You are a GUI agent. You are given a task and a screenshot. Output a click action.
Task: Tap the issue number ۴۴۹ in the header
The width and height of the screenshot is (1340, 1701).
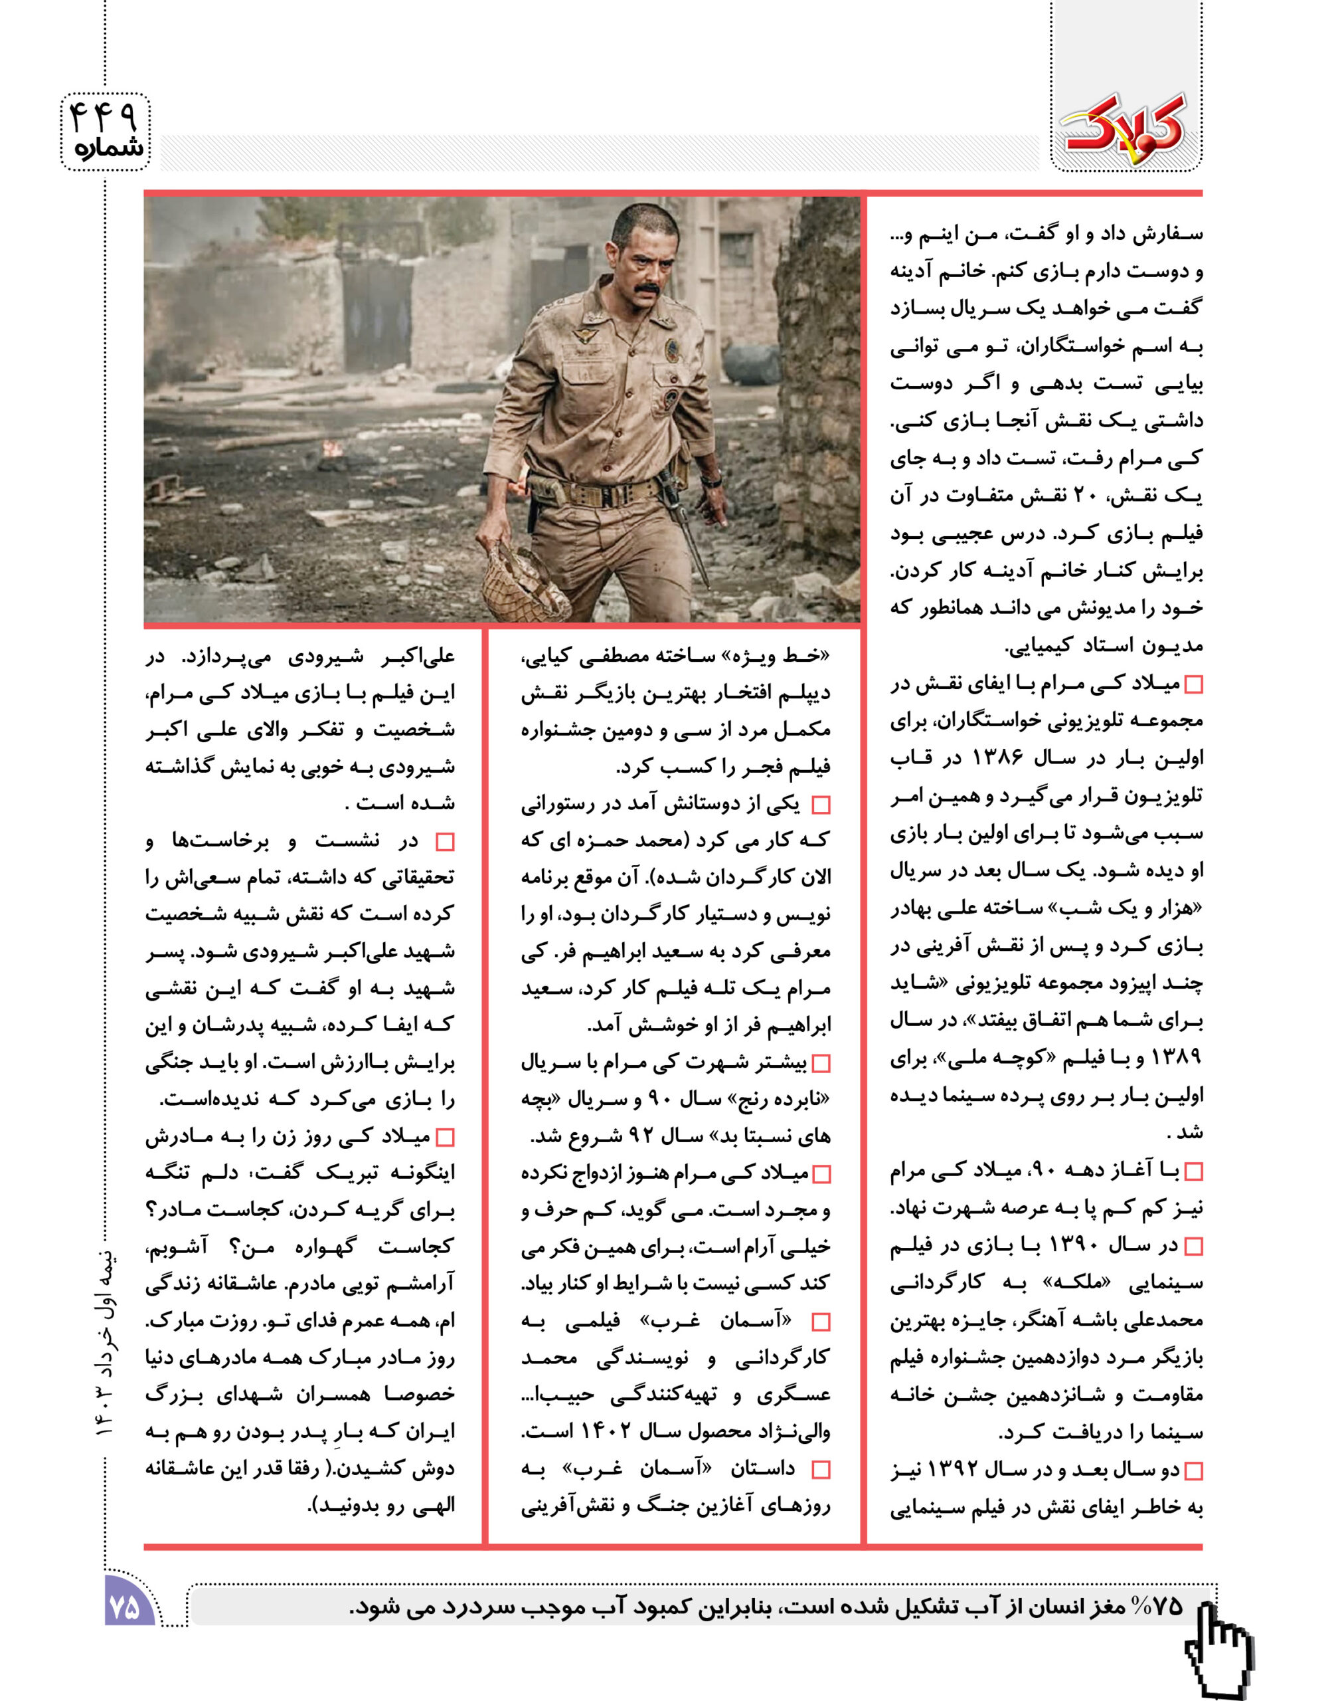click(104, 116)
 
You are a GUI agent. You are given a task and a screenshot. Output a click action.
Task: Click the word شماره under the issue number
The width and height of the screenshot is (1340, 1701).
click(109, 149)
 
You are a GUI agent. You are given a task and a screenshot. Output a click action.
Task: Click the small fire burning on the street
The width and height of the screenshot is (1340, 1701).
click(331, 449)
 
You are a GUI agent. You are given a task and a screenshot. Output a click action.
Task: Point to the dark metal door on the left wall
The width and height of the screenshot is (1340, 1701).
click(377, 314)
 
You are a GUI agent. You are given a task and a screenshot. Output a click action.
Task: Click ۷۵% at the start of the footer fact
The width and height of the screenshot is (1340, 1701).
click(1157, 1606)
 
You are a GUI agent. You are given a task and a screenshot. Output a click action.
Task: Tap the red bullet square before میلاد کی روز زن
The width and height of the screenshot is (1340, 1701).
click(445, 1138)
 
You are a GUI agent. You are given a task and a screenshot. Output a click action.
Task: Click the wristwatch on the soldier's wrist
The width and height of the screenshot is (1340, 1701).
click(712, 477)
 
